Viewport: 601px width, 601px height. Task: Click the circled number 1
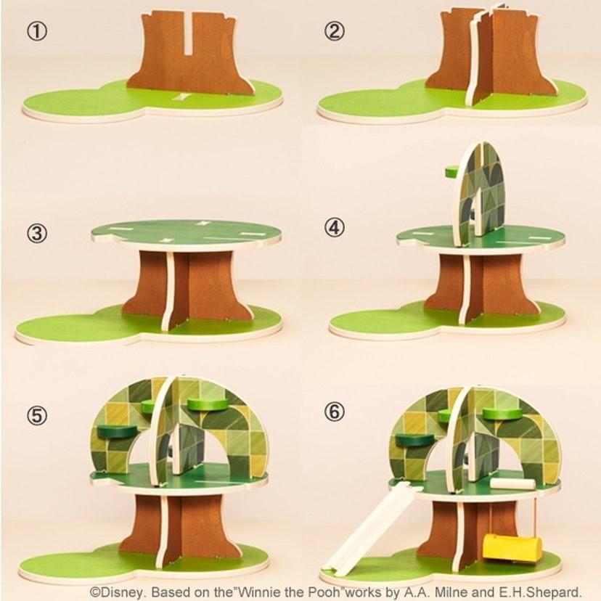coord(37,31)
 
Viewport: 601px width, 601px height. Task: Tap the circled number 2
coord(335,31)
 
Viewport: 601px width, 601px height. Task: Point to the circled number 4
coord(335,228)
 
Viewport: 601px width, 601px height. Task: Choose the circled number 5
coord(37,415)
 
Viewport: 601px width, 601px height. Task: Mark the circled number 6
coord(335,412)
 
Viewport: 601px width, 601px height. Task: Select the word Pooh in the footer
coord(324,591)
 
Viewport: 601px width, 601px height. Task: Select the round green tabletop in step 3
coord(187,232)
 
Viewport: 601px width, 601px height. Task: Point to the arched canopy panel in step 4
coord(480,193)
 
